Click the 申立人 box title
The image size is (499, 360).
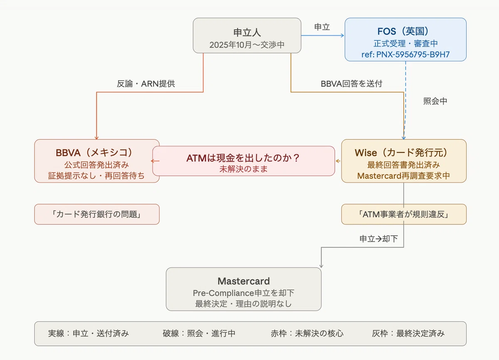(x=247, y=32)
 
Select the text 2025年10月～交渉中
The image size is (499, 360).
(x=247, y=45)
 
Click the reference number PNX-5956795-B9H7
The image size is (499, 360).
(x=413, y=54)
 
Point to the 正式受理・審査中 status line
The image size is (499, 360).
(x=406, y=43)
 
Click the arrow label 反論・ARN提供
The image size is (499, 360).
(x=146, y=84)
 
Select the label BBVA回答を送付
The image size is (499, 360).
(x=351, y=84)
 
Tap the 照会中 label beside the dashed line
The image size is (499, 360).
(x=435, y=101)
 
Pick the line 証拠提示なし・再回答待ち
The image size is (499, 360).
(x=96, y=176)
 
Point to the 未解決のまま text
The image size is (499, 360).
(x=244, y=169)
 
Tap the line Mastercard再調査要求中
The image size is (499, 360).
(x=404, y=176)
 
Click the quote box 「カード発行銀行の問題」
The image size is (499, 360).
(x=97, y=214)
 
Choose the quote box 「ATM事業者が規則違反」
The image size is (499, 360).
(x=404, y=214)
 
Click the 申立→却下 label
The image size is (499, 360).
(x=378, y=239)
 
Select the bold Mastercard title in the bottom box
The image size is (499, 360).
(x=244, y=281)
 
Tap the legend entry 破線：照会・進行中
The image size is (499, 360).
(x=199, y=333)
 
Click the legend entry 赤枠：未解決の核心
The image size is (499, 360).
(x=307, y=333)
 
